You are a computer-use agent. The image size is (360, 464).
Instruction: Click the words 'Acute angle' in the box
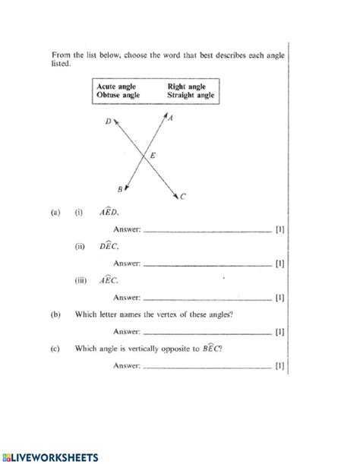point(116,87)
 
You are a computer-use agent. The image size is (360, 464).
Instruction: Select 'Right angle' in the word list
point(187,87)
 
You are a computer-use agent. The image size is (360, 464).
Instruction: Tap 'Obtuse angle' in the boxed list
point(118,96)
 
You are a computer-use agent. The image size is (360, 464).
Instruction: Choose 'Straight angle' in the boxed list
point(191,96)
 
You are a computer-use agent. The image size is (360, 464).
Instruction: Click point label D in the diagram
point(109,121)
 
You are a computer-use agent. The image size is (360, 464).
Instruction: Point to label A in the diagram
point(171,118)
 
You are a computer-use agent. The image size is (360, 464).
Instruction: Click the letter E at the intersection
point(153,156)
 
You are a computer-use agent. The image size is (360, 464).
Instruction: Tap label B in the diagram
point(120,188)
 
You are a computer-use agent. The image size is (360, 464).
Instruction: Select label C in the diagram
point(183,196)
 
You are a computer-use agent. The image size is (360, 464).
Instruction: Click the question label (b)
point(55,314)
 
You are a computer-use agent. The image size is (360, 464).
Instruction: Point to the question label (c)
point(55,349)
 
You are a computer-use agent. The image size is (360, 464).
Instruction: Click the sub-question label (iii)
point(81,280)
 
